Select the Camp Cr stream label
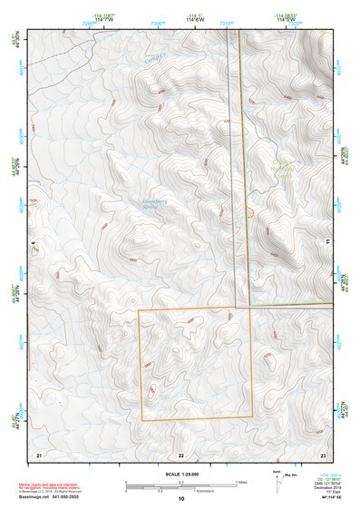pos(155,57)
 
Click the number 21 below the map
pos(38,454)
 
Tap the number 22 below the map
pos(180,454)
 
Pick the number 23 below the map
pos(323,454)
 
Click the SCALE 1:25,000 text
pos(180,474)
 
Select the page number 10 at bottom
pos(180,499)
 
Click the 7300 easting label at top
pos(158,22)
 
